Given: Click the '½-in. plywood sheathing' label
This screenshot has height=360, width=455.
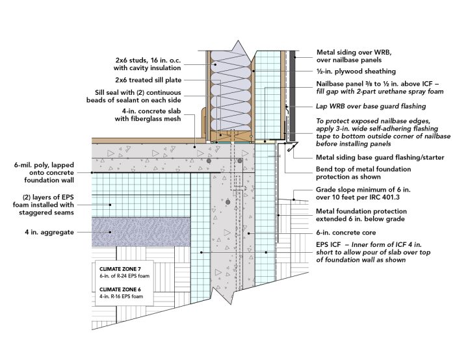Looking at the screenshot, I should coord(356,71).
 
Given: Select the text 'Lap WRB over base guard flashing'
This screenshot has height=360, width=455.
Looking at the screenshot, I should coord(371,106).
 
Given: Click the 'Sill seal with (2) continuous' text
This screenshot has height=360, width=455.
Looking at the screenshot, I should coord(144,92).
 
